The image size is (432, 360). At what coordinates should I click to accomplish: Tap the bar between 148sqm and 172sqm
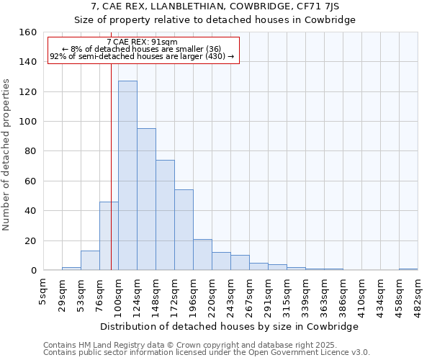pyautogui.click(x=165, y=215)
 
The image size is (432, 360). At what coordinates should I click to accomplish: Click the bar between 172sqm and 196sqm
pyautogui.click(x=184, y=230)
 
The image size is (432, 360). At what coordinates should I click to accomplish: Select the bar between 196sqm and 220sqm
pyautogui.click(x=202, y=255)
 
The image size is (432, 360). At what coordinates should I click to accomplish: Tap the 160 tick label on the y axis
pyautogui.click(x=28, y=32)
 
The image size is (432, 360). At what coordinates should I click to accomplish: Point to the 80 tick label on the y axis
pyautogui.click(x=31, y=151)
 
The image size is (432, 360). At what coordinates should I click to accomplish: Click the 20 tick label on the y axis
pyautogui.click(x=31, y=240)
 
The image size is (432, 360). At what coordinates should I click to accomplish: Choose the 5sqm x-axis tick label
pyautogui.click(x=44, y=288)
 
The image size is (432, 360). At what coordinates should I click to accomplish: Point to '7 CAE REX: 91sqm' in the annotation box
pyautogui.click(x=142, y=42)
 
